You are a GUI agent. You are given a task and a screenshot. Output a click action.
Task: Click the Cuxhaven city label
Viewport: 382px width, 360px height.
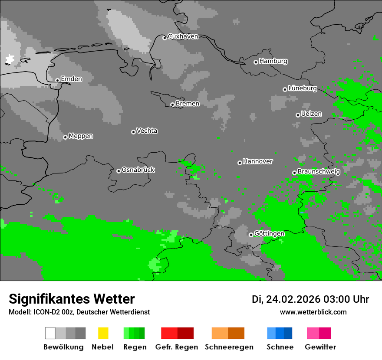tap(183, 36)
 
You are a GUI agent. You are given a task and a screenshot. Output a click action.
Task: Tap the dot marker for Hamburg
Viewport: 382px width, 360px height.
tap(256, 62)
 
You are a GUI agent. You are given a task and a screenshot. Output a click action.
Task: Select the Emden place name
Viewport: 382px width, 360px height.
tap(71, 79)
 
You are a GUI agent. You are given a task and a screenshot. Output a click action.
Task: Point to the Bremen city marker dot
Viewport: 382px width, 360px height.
tap(172, 105)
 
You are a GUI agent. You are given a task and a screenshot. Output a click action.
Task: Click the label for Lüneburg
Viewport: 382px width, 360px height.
tap(303, 88)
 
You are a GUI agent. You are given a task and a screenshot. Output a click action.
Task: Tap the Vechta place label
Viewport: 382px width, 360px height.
tap(147, 131)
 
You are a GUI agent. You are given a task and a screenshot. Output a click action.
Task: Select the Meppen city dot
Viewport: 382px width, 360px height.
tap(65, 137)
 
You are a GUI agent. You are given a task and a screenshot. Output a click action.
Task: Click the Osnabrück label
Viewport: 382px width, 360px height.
tap(138, 170)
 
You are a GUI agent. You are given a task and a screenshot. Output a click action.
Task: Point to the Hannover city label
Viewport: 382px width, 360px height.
tap(257, 161)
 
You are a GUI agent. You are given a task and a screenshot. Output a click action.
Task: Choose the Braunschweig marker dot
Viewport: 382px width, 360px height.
tap(294, 173)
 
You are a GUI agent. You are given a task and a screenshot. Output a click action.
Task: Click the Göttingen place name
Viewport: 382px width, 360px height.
tap(269, 233)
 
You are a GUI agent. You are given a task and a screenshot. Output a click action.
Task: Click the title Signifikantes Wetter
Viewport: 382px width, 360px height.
tap(72, 299)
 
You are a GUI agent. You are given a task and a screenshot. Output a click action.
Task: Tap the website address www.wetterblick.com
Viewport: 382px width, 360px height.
tap(313, 312)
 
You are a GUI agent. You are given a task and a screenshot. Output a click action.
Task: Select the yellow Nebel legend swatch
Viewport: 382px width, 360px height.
tap(103, 333)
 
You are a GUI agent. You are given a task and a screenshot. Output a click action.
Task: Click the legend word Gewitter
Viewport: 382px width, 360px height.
tap(320, 347)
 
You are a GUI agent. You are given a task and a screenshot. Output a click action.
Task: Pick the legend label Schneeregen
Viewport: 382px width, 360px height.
tap(229, 347)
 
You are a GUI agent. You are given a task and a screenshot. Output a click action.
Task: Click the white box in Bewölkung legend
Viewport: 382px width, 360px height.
tap(50, 333)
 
